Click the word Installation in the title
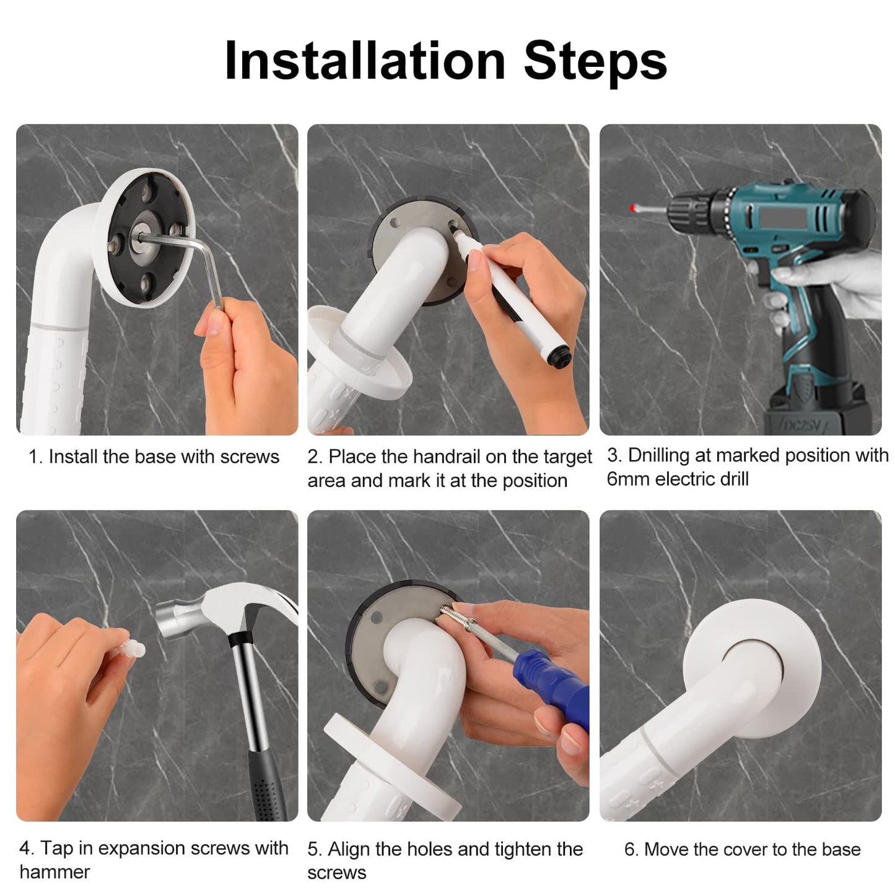click(x=365, y=61)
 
